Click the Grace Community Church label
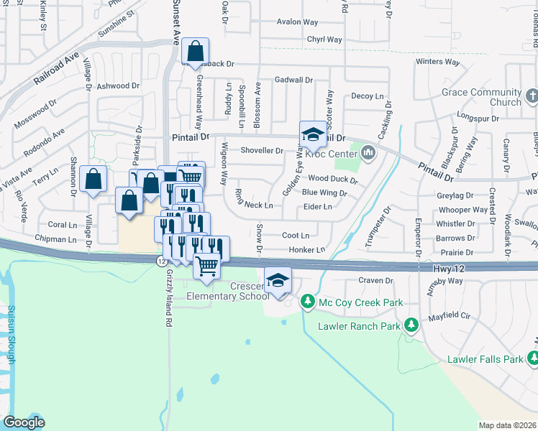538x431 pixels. point(481,97)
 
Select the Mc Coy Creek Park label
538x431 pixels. point(361,302)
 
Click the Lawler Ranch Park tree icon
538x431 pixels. point(411,325)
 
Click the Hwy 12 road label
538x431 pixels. point(450,268)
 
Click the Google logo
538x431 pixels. point(23,422)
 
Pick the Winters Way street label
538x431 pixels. point(437,62)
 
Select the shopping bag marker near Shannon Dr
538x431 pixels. point(94,180)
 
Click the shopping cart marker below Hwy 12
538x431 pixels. point(207,265)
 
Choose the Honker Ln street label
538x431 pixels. point(307,250)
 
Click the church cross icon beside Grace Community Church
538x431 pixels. point(532,96)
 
